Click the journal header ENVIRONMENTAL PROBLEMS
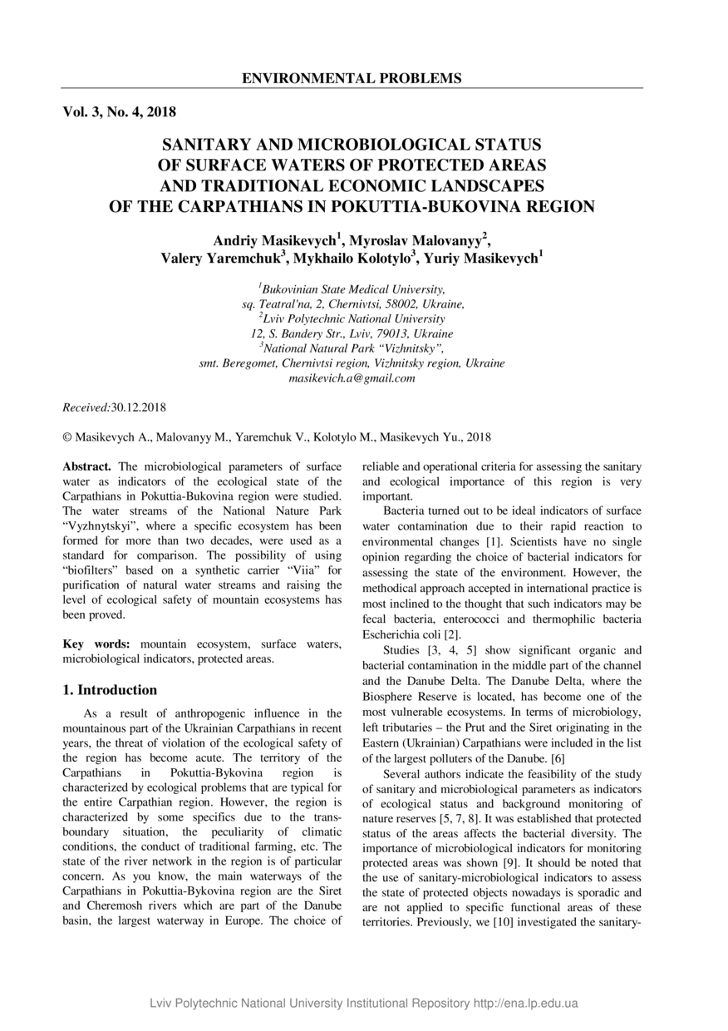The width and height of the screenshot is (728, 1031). [352, 79]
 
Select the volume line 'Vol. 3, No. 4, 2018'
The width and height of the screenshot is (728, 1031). [119, 111]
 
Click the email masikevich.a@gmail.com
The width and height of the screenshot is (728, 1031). [352, 378]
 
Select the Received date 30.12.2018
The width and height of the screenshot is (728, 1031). [139, 407]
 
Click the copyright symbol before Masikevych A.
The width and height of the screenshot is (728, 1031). [67, 437]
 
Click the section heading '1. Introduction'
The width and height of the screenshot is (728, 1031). [110, 690]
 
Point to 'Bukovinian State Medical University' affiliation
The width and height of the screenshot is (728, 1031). [353, 289]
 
